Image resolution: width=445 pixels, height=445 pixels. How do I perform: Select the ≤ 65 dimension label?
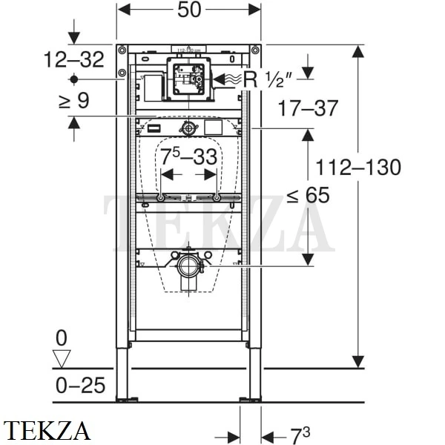click(x=308, y=196)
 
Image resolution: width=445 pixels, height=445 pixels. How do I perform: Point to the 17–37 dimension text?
click(x=308, y=108)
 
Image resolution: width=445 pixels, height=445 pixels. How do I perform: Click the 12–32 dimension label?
click(x=73, y=60)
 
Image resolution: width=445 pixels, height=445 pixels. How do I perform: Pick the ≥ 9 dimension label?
click(x=73, y=100)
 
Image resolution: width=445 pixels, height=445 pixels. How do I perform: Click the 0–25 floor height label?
click(x=80, y=385)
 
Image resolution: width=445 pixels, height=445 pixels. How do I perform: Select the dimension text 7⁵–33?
click(x=189, y=157)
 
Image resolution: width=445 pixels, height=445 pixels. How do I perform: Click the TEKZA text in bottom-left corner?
click(x=47, y=430)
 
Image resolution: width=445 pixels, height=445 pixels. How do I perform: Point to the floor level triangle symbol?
click(x=62, y=359)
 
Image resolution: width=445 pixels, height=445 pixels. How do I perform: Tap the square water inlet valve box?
click(x=188, y=79)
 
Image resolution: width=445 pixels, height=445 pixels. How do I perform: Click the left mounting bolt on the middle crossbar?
click(x=160, y=198)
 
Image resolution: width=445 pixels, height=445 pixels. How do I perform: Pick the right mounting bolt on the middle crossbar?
click(x=216, y=198)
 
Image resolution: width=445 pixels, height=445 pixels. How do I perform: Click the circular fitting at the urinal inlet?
click(x=189, y=129)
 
